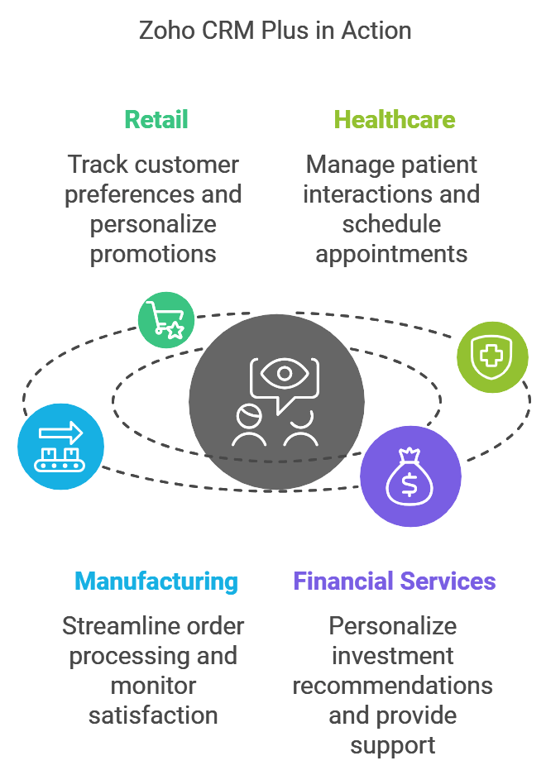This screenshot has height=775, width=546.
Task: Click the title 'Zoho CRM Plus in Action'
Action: (275, 31)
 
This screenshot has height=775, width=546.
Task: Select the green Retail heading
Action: (156, 120)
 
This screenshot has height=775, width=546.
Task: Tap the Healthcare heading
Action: (394, 120)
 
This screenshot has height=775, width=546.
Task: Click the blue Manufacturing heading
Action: (156, 581)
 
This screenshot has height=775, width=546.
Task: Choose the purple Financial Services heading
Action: (394, 581)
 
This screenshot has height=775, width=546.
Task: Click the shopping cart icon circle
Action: (166, 320)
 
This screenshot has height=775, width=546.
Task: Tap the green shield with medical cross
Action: (492, 356)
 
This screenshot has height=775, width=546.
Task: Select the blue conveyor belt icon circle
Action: (61, 447)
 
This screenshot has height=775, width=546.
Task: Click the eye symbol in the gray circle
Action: (285, 373)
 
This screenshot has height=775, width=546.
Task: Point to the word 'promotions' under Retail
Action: (153, 255)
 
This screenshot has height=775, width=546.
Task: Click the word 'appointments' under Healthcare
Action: (391, 255)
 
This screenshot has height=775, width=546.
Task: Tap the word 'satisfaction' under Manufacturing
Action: (153, 715)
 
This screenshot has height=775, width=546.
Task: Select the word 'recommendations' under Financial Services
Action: (393, 686)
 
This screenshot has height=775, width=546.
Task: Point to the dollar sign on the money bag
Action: (409, 485)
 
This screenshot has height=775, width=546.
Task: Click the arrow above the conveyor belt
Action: (61, 433)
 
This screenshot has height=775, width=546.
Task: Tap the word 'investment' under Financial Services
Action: (393, 657)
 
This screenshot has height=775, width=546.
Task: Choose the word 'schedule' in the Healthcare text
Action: (391, 224)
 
